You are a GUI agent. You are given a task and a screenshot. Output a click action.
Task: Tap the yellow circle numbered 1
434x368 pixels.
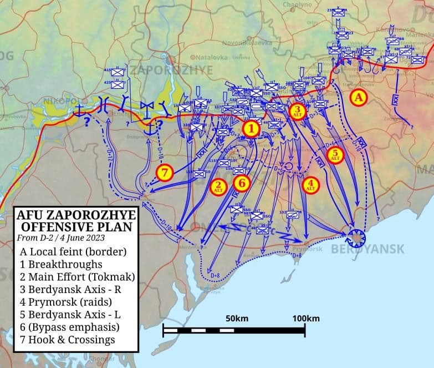(x=251, y=129)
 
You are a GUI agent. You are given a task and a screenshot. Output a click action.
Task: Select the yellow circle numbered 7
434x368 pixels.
(x=165, y=173)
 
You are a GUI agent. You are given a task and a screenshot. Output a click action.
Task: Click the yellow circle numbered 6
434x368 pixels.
(x=242, y=182)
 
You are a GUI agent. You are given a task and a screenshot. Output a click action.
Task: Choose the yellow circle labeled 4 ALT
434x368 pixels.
(x=311, y=184)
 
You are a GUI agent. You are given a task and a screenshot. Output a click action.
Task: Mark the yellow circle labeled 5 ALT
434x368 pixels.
(x=335, y=155)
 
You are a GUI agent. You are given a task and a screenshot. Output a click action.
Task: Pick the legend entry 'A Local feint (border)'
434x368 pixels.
(x=73, y=251)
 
